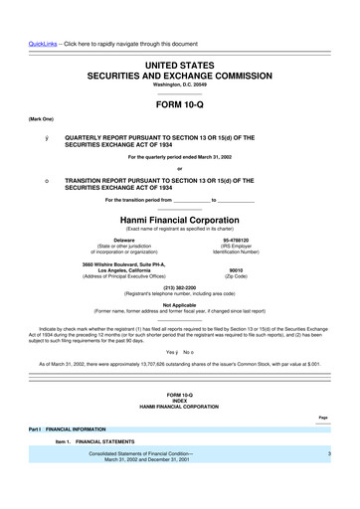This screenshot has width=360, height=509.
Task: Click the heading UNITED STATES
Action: tap(180, 64)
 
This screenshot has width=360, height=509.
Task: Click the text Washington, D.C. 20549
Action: tap(180, 85)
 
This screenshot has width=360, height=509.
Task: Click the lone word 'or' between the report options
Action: tap(180, 167)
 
